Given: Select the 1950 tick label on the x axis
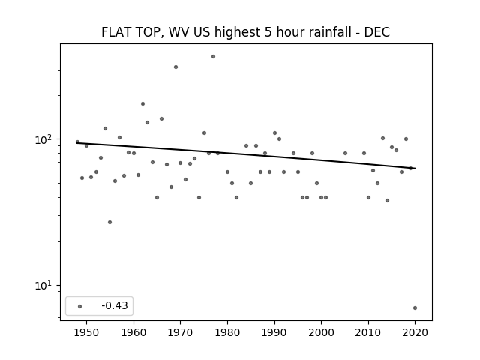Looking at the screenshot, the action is (x=87, y=332).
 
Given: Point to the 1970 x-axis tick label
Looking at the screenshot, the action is (x=181, y=332).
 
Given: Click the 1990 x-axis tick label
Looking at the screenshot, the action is (x=274, y=332).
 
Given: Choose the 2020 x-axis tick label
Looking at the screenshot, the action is (x=415, y=332).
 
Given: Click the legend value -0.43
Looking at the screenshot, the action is (x=115, y=305).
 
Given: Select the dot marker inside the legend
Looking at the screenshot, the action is (x=80, y=306).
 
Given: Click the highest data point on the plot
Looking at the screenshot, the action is (x=213, y=57).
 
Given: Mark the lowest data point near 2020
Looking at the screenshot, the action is (x=415, y=308).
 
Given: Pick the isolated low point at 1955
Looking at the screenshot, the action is (x=110, y=222).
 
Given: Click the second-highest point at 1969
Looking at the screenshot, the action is (x=175, y=67).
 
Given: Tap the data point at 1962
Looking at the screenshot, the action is (x=143, y=103).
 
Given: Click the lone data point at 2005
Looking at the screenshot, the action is (x=345, y=153).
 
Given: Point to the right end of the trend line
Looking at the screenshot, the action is (x=415, y=169).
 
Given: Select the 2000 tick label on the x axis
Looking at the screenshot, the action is (x=322, y=332).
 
